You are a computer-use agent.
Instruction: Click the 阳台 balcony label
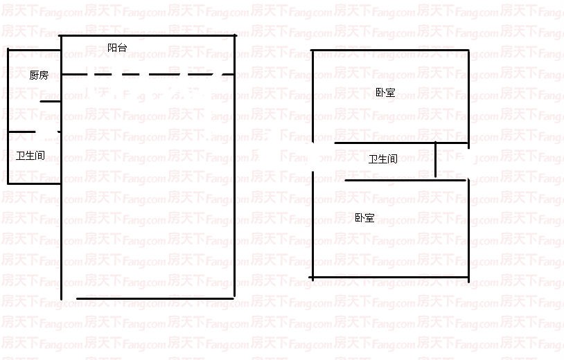point(117,48)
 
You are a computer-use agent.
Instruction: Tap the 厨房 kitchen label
point(39,75)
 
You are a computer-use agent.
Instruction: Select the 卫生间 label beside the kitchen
point(30,156)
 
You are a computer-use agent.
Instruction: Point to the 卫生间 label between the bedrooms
point(382,159)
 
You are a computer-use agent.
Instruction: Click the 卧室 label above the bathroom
point(385,92)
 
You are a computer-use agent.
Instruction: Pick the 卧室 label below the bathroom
point(364,218)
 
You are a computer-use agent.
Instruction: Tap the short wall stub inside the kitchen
point(51,102)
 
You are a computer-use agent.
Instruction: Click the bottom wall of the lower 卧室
point(389,278)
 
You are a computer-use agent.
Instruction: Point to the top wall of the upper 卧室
point(390,51)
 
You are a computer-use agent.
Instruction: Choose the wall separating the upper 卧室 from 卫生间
point(400,143)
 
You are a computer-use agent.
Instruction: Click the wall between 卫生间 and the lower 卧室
point(405,181)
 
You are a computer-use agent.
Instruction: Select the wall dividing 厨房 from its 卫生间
point(21,132)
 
